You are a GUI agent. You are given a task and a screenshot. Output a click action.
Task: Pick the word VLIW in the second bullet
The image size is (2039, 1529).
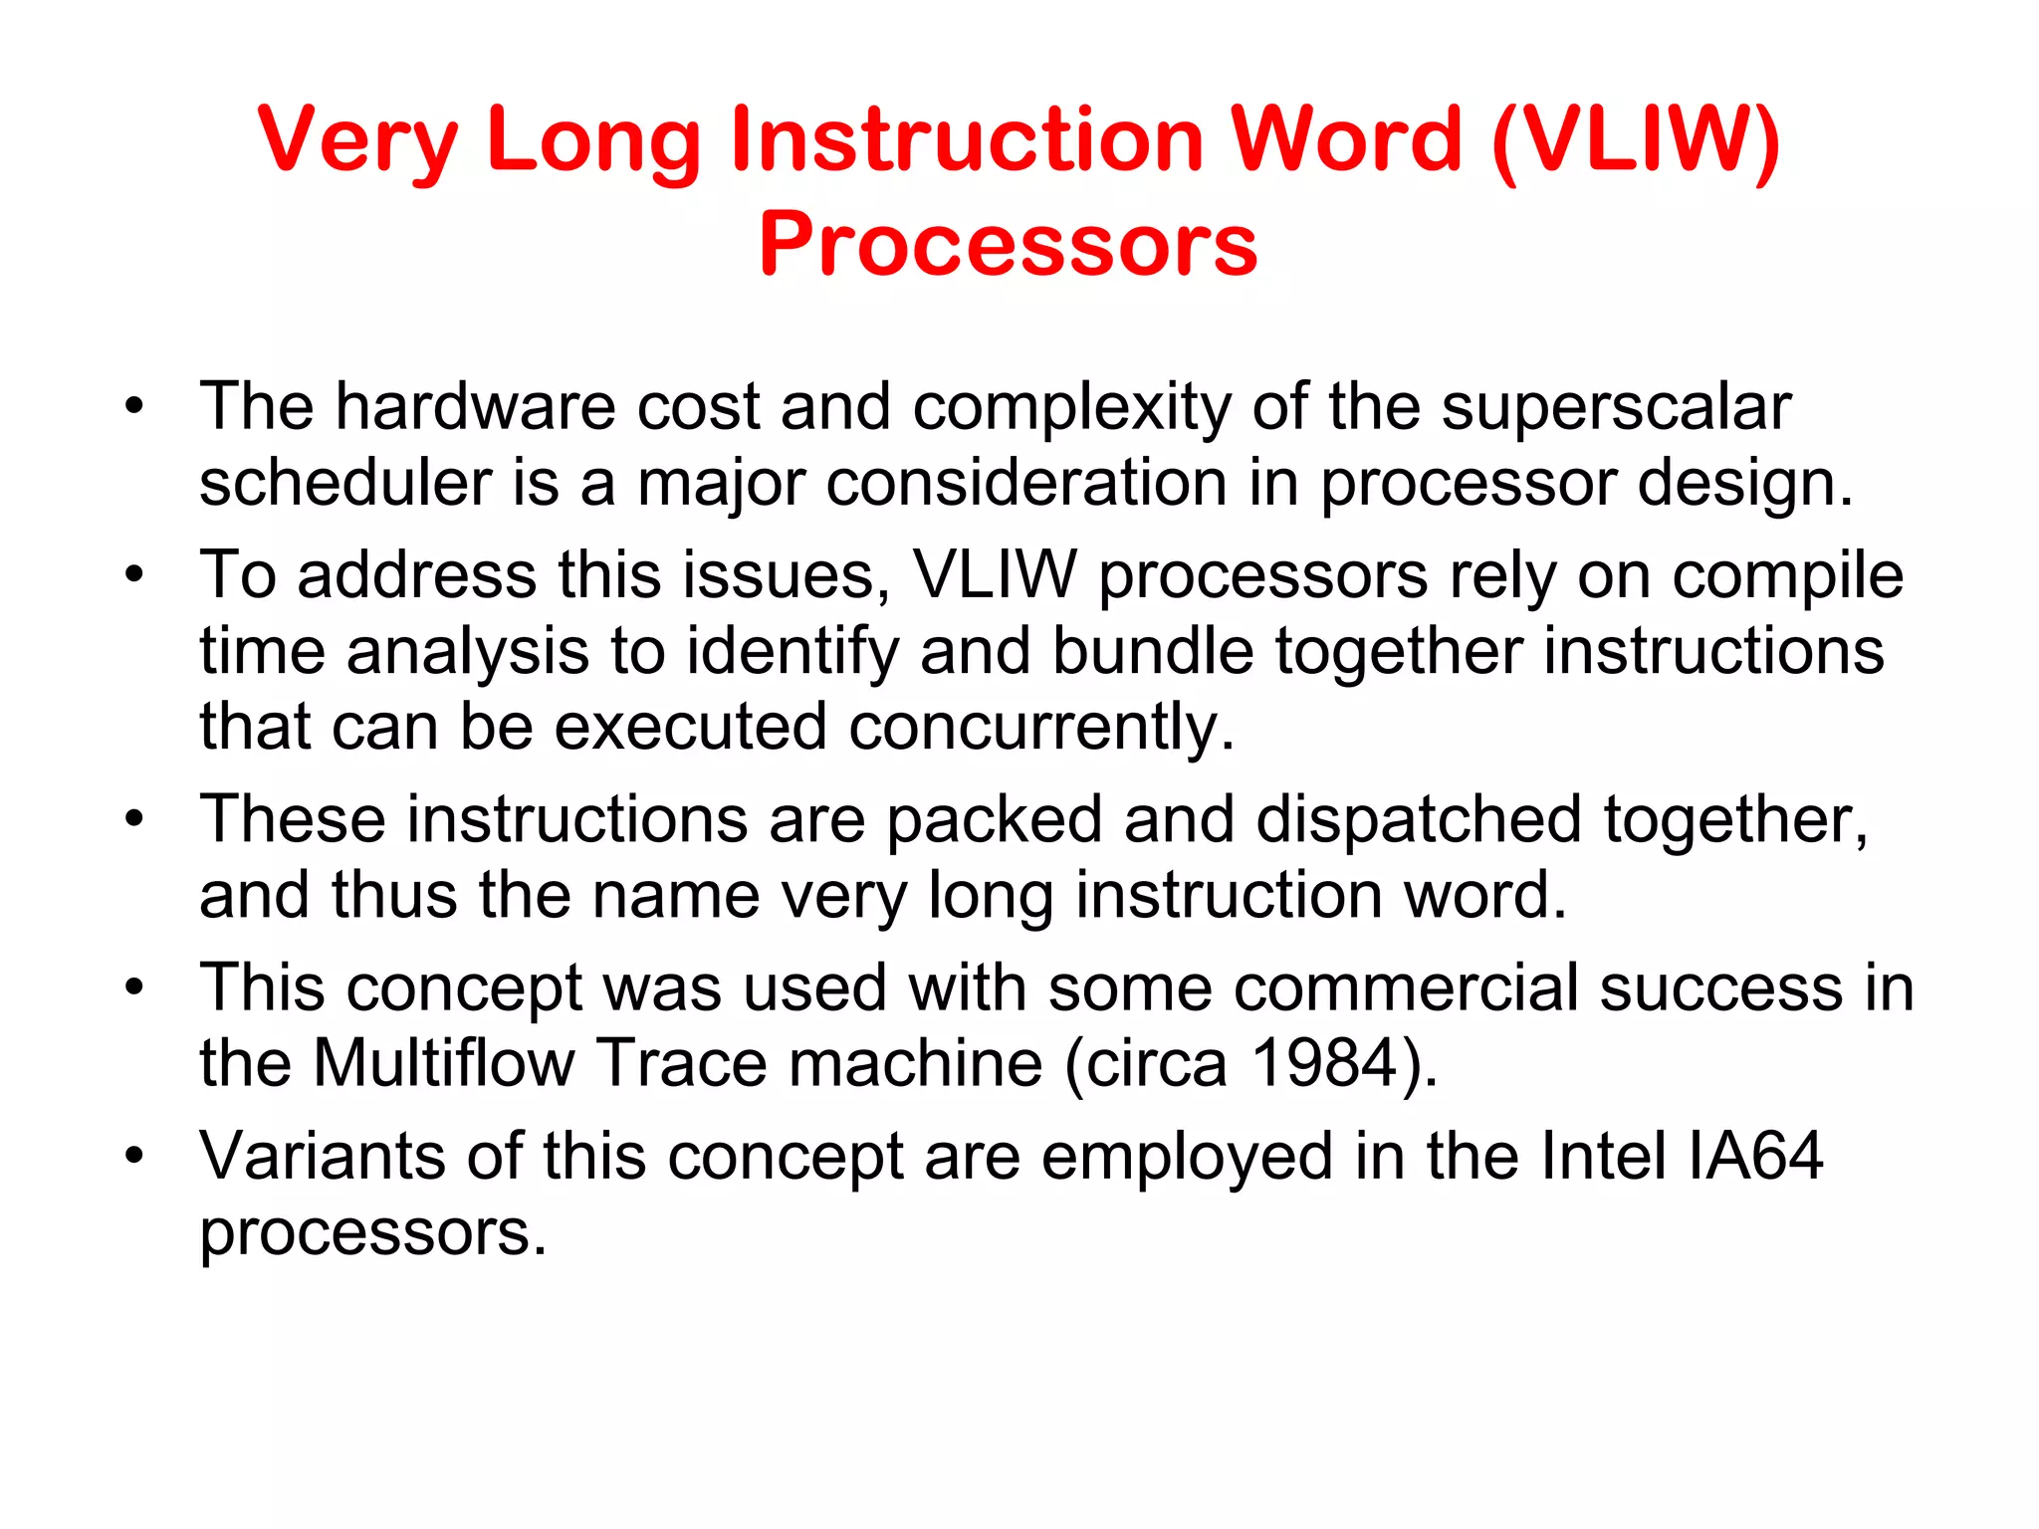click(995, 574)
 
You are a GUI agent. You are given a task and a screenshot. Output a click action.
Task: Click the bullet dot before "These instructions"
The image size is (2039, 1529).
click(134, 820)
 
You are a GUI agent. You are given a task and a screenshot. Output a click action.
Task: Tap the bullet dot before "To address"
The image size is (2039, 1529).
click(134, 576)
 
